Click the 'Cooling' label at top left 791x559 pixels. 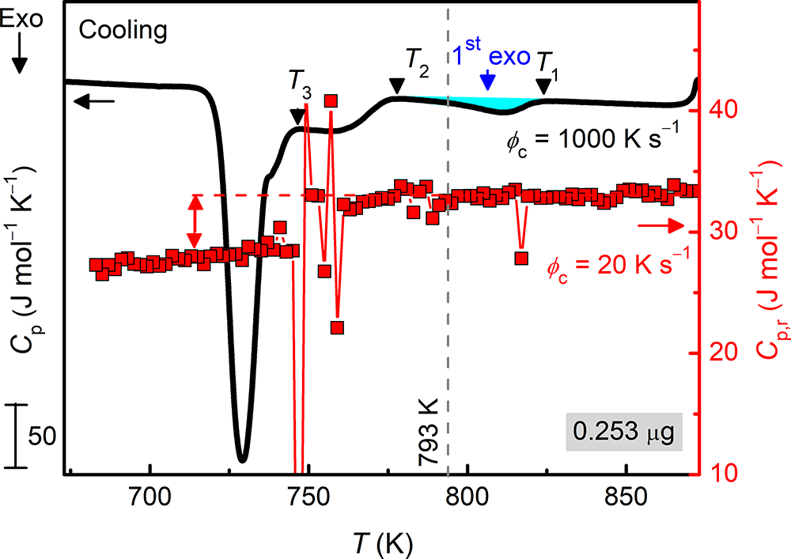123,31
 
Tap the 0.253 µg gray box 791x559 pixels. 625,433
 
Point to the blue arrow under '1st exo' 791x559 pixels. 489,80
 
